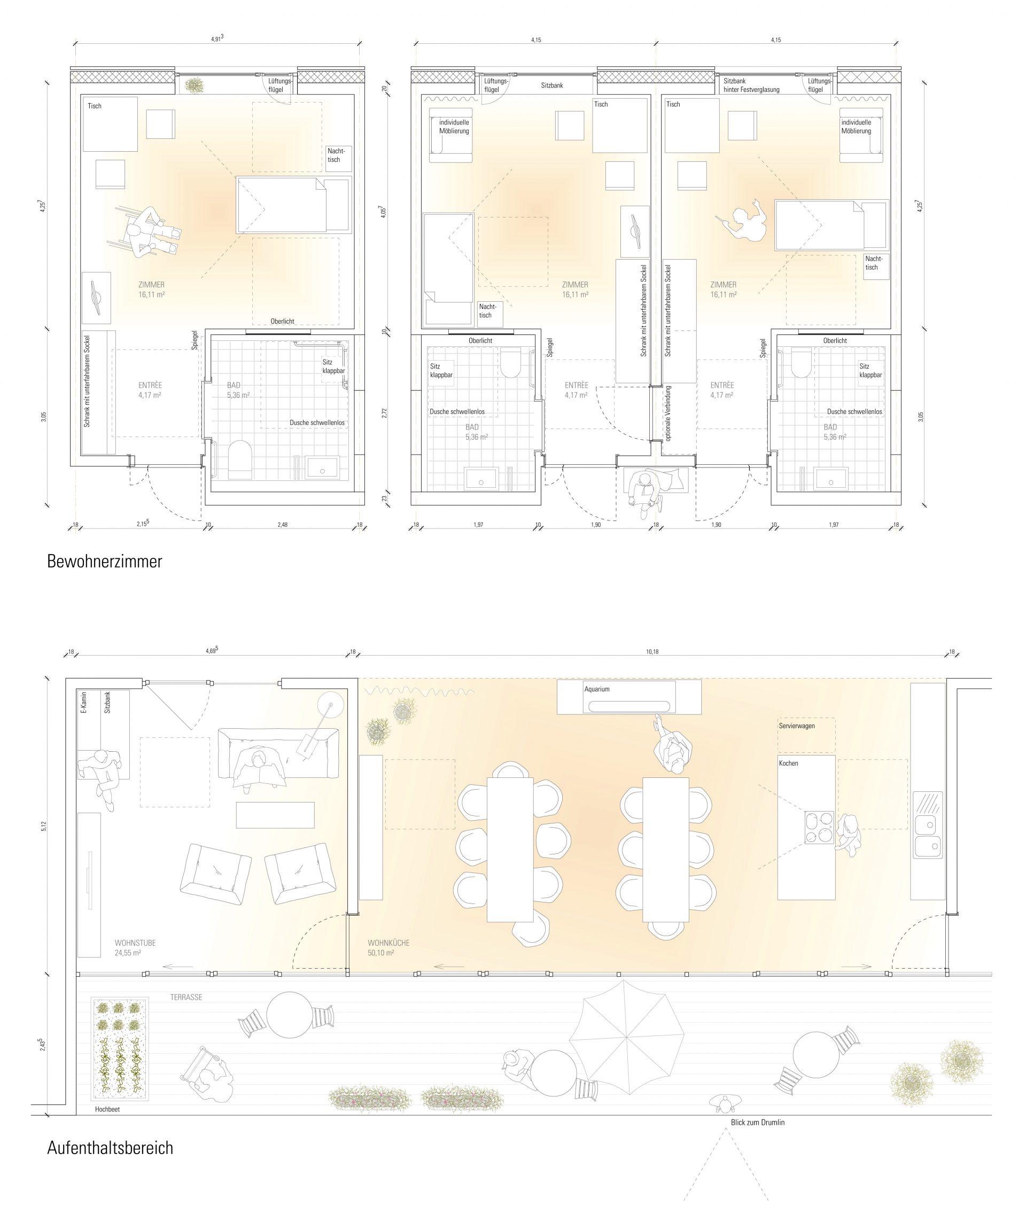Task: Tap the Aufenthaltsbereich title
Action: tap(111, 1148)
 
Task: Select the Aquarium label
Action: tap(597, 689)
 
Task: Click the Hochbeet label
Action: tap(107, 1109)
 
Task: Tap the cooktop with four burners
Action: tap(818, 828)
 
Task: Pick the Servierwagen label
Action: tap(797, 726)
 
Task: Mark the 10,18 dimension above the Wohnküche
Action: tap(652, 651)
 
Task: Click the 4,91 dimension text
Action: tap(217, 39)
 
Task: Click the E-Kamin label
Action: tap(84, 703)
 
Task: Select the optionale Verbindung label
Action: tap(669, 413)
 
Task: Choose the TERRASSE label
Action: tap(186, 997)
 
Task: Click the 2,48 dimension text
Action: tap(282, 524)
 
